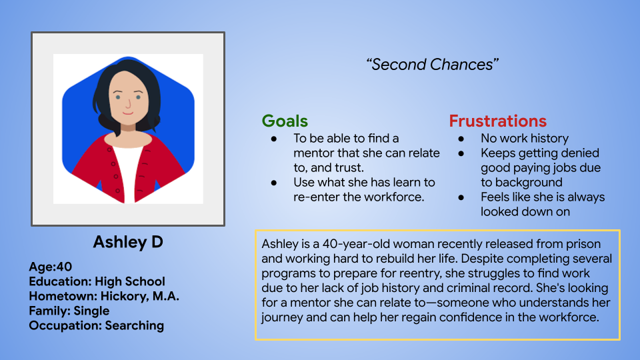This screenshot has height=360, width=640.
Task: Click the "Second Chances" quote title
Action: pyautogui.click(x=433, y=65)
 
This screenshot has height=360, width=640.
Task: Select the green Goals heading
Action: pyautogui.click(x=285, y=121)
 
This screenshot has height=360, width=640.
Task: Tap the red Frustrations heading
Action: pyautogui.click(x=497, y=121)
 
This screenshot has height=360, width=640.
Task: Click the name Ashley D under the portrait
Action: pyautogui.click(x=128, y=241)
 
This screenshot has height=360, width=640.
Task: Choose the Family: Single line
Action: pyautogui.click(x=69, y=311)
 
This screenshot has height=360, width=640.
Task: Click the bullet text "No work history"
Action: pyautogui.click(x=525, y=139)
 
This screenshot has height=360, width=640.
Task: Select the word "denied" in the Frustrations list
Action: pyautogui.click(x=577, y=153)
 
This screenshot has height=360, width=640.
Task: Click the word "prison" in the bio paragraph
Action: pyautogui.click(x=583, y=244)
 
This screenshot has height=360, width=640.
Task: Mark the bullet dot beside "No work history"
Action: pyautogui.click(x=461, y=139)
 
